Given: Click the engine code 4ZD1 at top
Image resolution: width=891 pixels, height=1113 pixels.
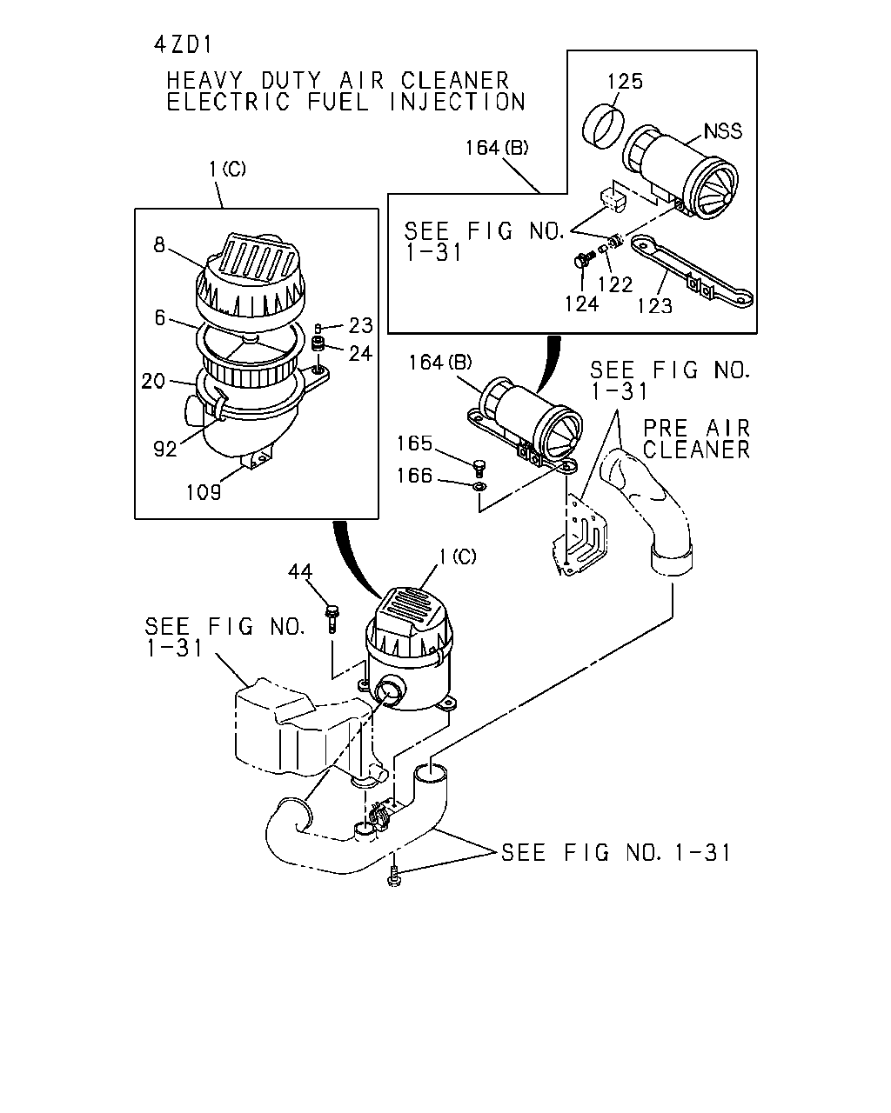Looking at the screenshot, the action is (x=184, y=45).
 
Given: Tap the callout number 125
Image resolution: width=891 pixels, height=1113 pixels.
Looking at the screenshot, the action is (x=625, y=81).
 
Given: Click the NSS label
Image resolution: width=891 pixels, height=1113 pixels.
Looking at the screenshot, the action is (x=723, y=130).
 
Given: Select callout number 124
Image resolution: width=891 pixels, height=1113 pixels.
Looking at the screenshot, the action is (x=581, y=303).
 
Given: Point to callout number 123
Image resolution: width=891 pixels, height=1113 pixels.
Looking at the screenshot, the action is (x=654, y=306).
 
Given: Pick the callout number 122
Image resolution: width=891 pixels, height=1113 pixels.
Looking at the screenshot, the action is (x=615, y=284).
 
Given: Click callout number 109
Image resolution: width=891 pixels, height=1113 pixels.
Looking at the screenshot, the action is (x=204, y=492).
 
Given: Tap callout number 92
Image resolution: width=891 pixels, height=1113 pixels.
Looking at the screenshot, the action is (x=165, y=449).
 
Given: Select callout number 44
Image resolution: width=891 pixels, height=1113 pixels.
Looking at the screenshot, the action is (x=300, y=571).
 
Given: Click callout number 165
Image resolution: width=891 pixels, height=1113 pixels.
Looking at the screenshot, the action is (x=414, y=443).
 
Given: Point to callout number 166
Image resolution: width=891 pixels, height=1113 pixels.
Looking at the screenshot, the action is (x=414, y=476).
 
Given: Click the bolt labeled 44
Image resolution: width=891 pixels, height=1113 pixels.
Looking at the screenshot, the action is (x=332, y=618).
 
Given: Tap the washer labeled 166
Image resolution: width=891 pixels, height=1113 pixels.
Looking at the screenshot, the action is (x=480, y=486).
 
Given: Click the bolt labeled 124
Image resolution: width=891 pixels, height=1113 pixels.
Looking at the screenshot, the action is (x=582, y=259).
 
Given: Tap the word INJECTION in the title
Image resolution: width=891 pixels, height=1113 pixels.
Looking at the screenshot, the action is (x=457, y=102).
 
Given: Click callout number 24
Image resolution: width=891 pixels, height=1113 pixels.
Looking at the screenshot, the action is (x=360, y=353).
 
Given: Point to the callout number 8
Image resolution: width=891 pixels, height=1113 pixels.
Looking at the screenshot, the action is (x=159, y=244).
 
